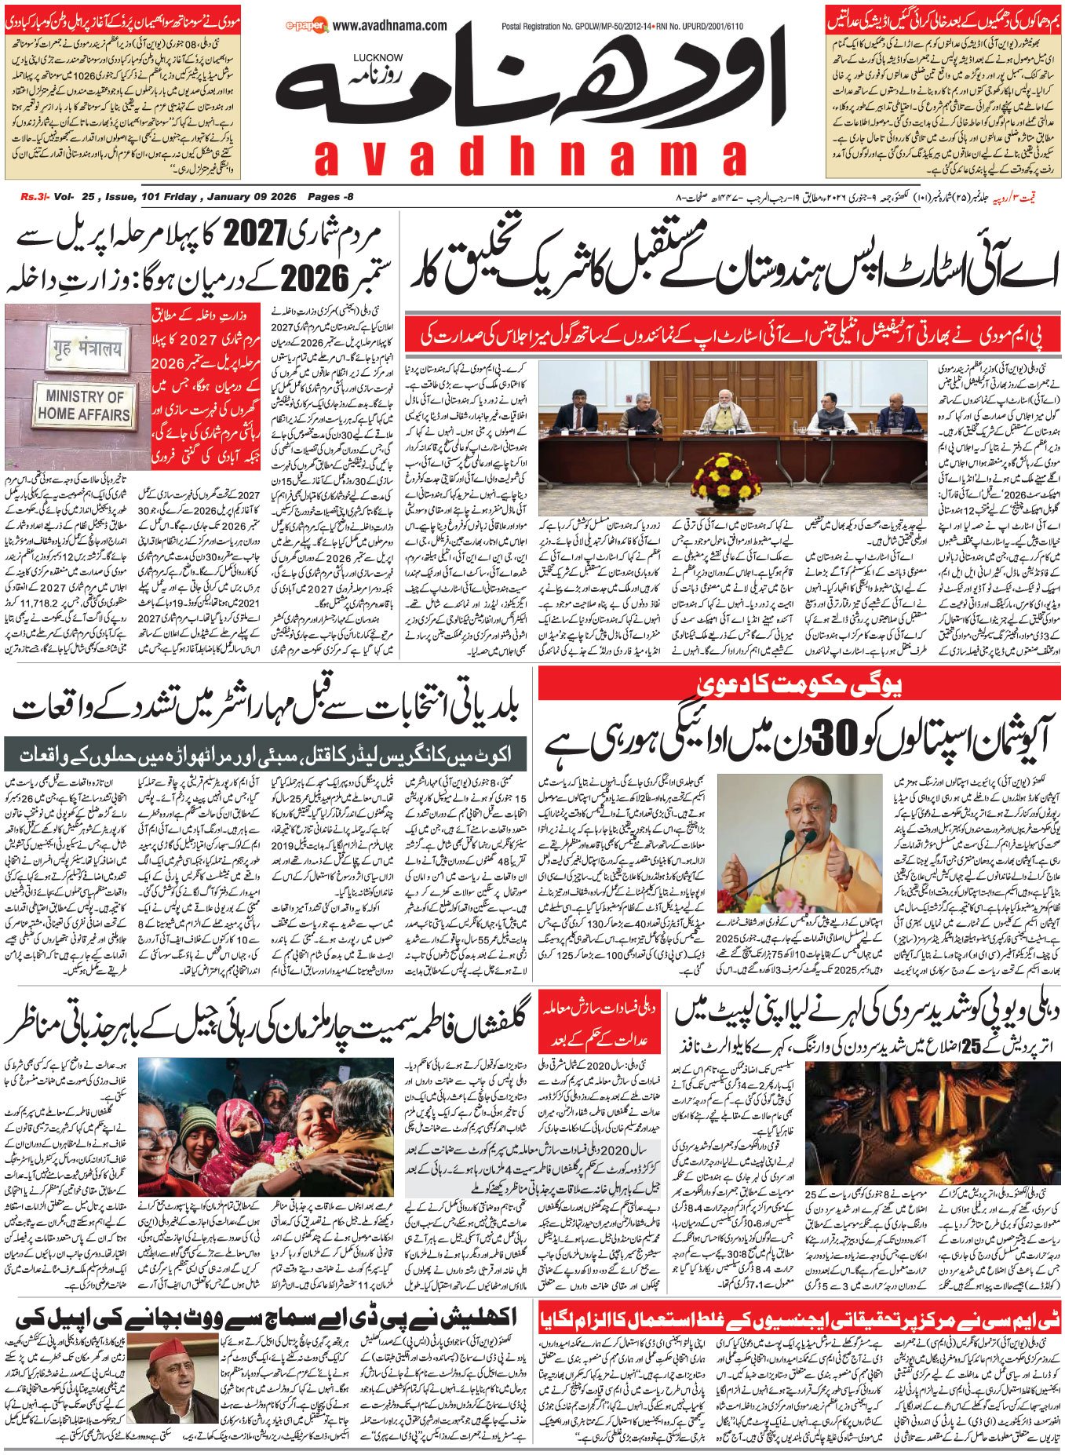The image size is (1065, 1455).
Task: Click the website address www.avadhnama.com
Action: pos(390,26)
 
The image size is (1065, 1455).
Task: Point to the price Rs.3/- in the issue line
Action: pos(35,197)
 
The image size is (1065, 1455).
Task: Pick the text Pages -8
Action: pos(330,197)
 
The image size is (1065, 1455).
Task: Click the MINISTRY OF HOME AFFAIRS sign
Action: pos(83,406)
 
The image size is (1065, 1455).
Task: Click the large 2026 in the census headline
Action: pos(315,277)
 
